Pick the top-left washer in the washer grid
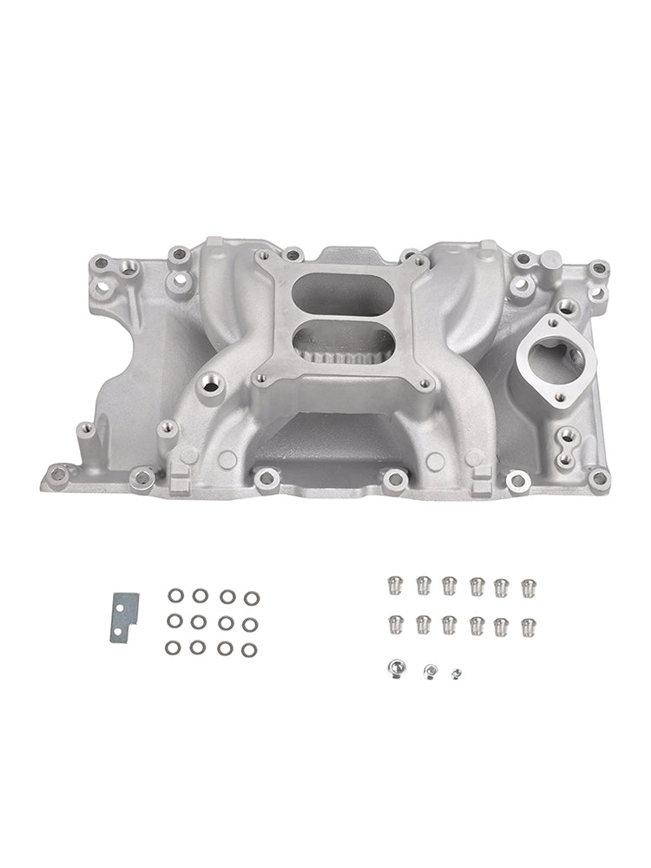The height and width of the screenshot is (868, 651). click(175, 595)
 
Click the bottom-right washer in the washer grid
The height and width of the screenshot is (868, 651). click(250, 649)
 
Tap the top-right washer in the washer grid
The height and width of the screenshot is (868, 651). click(251, 598)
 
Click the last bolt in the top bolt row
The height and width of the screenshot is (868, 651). click(527, 586)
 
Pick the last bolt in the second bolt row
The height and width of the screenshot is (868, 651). click(527, 625)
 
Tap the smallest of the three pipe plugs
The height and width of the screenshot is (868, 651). click(455, 673)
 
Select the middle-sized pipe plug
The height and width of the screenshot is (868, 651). click(429, 670)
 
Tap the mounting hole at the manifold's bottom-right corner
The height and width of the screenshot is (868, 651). click(598, 477)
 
